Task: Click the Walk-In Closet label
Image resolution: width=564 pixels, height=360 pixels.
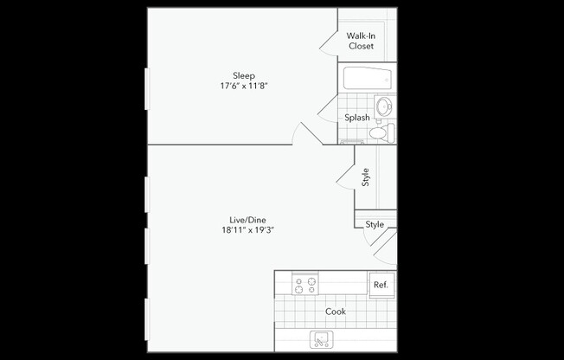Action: pyautogui.click(x=361, y=41)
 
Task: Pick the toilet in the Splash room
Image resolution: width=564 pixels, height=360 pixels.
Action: pyautogui.click(x=381, y=133)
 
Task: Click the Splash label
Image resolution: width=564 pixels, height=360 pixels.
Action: pyautogui.click(x=357, y=118)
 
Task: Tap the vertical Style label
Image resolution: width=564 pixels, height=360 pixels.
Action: pyautogui.click(x=366, y=177)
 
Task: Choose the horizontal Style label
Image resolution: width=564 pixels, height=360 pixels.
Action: pyautogui.click(x=375, y=224)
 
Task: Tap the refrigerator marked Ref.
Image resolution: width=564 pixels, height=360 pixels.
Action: pyautogui.click(x=380, y=285)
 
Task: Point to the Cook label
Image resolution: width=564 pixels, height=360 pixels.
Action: pyautogui.click(x=336, y=312)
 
